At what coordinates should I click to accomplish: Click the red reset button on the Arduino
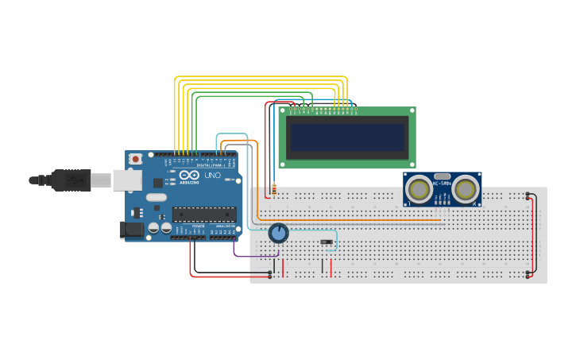pyautogui.click(x=135, y=159)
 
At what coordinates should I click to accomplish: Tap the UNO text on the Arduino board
pyautogui.click(x=213, y=175)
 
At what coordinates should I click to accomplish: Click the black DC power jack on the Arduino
pyautogui.click(x=131, y=230)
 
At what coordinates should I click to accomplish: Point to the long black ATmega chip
pyautogui.click(x=204, y=214)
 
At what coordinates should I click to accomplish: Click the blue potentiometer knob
pyautogui.click(x=278, y=233)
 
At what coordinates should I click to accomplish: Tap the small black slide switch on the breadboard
pyautogui.click(x=326, y=242)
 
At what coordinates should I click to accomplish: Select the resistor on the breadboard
pyautogui.click(x=274, y=190)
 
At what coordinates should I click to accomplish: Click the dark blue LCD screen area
pyautogui.click(x=348, y=137)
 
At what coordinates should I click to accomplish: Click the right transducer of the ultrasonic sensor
pyautogui.click(x=466, y=189)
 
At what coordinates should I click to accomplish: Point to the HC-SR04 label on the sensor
pyautogui.click(x=442, y=184)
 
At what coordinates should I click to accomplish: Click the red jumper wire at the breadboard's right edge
pyautogui.click(x=534, y=234)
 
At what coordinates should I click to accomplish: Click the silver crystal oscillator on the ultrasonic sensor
pyautogui.click(x=443, y=176)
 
